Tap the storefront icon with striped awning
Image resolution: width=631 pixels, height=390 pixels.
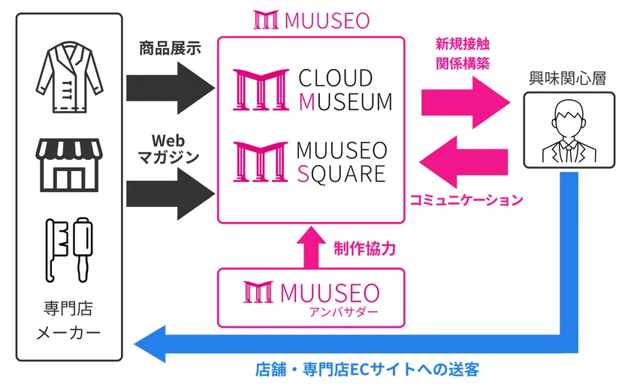69,165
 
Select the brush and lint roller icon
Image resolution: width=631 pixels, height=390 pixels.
69,250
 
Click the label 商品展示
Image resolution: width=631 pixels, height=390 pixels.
170,49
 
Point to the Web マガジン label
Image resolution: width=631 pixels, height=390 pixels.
168,149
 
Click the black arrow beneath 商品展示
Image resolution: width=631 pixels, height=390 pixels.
171,88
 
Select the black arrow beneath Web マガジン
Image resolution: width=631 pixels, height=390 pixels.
171,193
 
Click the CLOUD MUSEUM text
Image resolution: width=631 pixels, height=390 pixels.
346,90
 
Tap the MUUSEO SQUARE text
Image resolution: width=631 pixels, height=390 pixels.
342,162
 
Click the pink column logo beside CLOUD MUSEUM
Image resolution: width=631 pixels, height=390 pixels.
261,89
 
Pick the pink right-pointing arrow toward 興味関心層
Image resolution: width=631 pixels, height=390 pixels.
466,103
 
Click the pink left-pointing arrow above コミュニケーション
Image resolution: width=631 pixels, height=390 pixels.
463,162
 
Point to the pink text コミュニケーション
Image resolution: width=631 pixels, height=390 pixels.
466,199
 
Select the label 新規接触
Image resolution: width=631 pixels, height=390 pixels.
463,43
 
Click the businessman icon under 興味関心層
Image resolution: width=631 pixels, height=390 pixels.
569,131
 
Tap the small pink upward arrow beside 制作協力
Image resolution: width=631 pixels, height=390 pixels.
311,247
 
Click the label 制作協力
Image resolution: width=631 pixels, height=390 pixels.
364,249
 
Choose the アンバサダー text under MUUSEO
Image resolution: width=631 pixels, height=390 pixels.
343,312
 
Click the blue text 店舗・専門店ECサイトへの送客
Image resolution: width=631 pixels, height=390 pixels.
367,370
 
